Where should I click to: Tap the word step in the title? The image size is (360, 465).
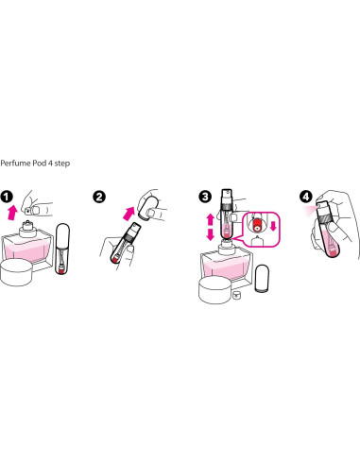62,164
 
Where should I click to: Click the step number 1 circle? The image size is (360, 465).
7,197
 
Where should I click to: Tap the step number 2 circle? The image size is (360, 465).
99,197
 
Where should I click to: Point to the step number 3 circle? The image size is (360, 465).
205,197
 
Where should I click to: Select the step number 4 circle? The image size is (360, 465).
305,197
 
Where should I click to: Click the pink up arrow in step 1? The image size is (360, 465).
12,213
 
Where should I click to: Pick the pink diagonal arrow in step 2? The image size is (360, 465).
129,214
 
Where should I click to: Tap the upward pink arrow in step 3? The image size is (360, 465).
211,219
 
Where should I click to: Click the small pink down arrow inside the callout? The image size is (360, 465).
273,226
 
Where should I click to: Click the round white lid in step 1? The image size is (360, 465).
16,272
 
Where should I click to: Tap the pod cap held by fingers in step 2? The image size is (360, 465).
147,207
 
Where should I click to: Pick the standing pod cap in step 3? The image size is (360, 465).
262,279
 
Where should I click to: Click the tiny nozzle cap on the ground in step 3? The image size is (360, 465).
236,296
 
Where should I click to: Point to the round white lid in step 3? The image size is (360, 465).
215,290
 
